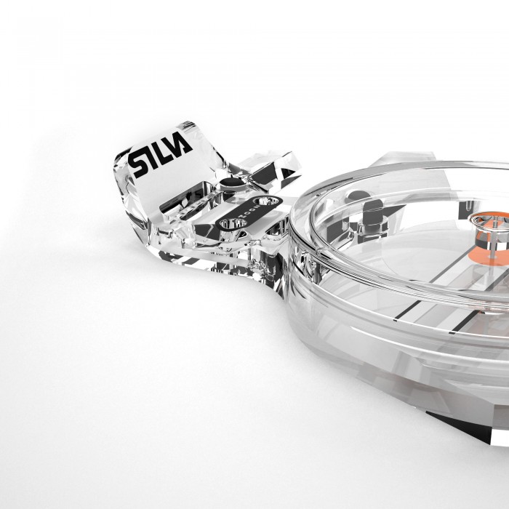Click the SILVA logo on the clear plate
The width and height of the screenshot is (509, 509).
click(x=161, y=154)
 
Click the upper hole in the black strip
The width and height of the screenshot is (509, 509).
click(x=266, y=201)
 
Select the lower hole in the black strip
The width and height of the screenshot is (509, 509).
click(x=233, y=223)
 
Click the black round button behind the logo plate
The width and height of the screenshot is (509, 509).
click(x=232, y=183)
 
